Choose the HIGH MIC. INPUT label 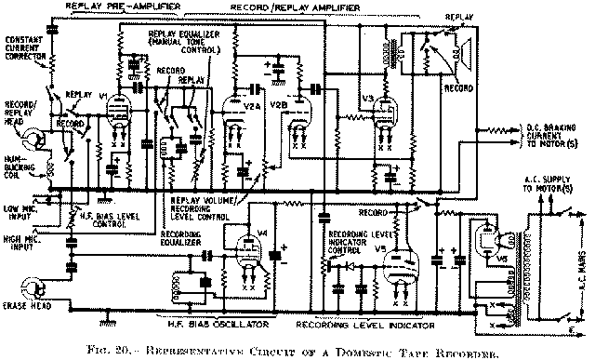tap(20, 241)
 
